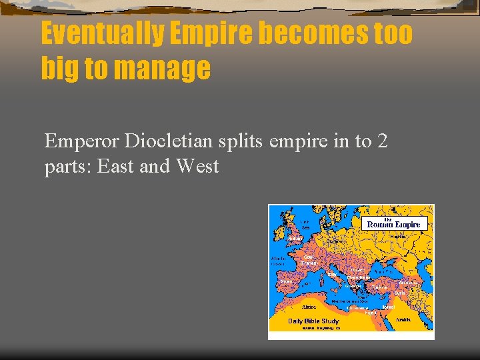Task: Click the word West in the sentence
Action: [197, 166]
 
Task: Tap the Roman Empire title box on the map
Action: [394, 224]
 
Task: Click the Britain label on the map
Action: [294, 237]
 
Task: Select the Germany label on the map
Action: [335, 242]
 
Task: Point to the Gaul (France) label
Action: [309, 260]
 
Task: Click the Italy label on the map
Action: [331, 274]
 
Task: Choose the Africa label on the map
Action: [309, 307]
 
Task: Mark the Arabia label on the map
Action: [403, 320]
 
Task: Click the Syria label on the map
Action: [399, 293]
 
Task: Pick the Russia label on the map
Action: [397, 236]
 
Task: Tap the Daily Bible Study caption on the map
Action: [313, 321]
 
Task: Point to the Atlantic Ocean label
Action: [278, 261]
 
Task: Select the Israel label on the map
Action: [389, 307]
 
